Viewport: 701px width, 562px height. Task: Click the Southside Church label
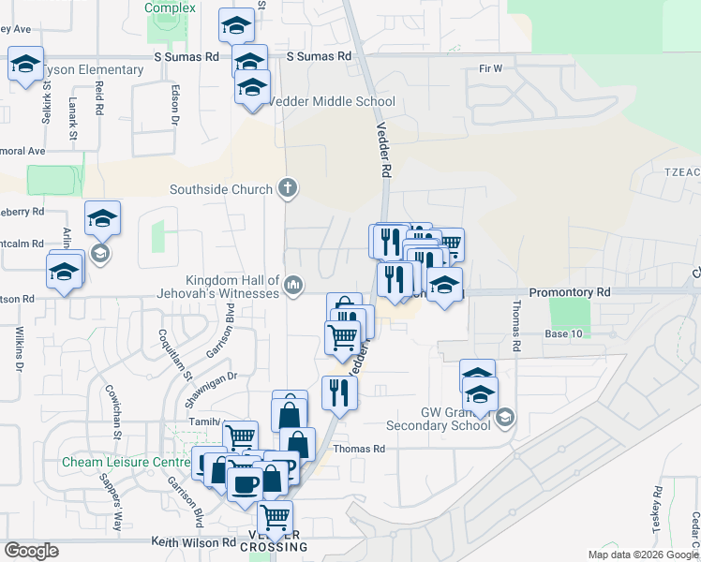pyautogui.click(x=221, y=189)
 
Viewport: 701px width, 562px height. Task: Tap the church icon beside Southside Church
pyautogui.click(x=288, y=189)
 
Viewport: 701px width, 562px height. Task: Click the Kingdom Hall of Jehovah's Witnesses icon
pyautogui.click(x=292, y=285)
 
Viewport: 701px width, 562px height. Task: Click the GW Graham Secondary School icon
pyautogui.click(x=504, y=417)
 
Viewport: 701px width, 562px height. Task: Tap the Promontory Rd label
pyautogui.click(x=569, y=293)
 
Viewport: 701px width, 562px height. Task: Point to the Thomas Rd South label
pyautogui.click(x=515, y=326)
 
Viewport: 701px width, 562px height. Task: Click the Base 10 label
pyautogui.click(x=564, y=333)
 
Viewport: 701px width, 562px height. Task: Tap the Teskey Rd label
pyautogui.click(x=655, y=510)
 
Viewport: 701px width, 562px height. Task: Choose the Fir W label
pyautogui.click(x=490, y=68)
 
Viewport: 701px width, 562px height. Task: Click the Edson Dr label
pyautogui.click(x=174, y=106)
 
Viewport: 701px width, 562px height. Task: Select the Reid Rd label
pyautogui.click(x=98, y=97)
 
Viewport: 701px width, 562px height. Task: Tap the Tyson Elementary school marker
pyautogui.click(x=26, y=65)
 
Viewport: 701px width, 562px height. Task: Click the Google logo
pyautogui.click(x=32, y=551)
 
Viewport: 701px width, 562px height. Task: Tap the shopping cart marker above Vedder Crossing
pyautogui.click(x=275, y=516)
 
